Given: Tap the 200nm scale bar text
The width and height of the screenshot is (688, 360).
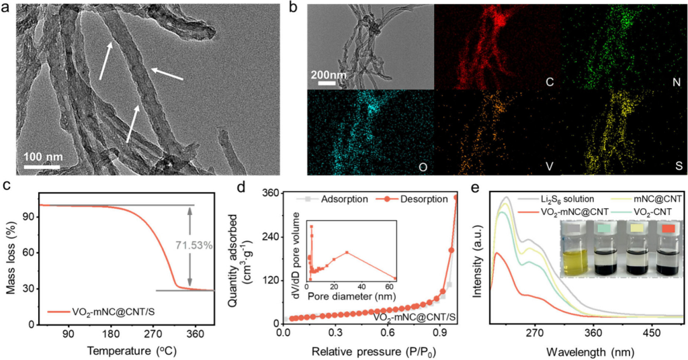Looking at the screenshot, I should [329, 74].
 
